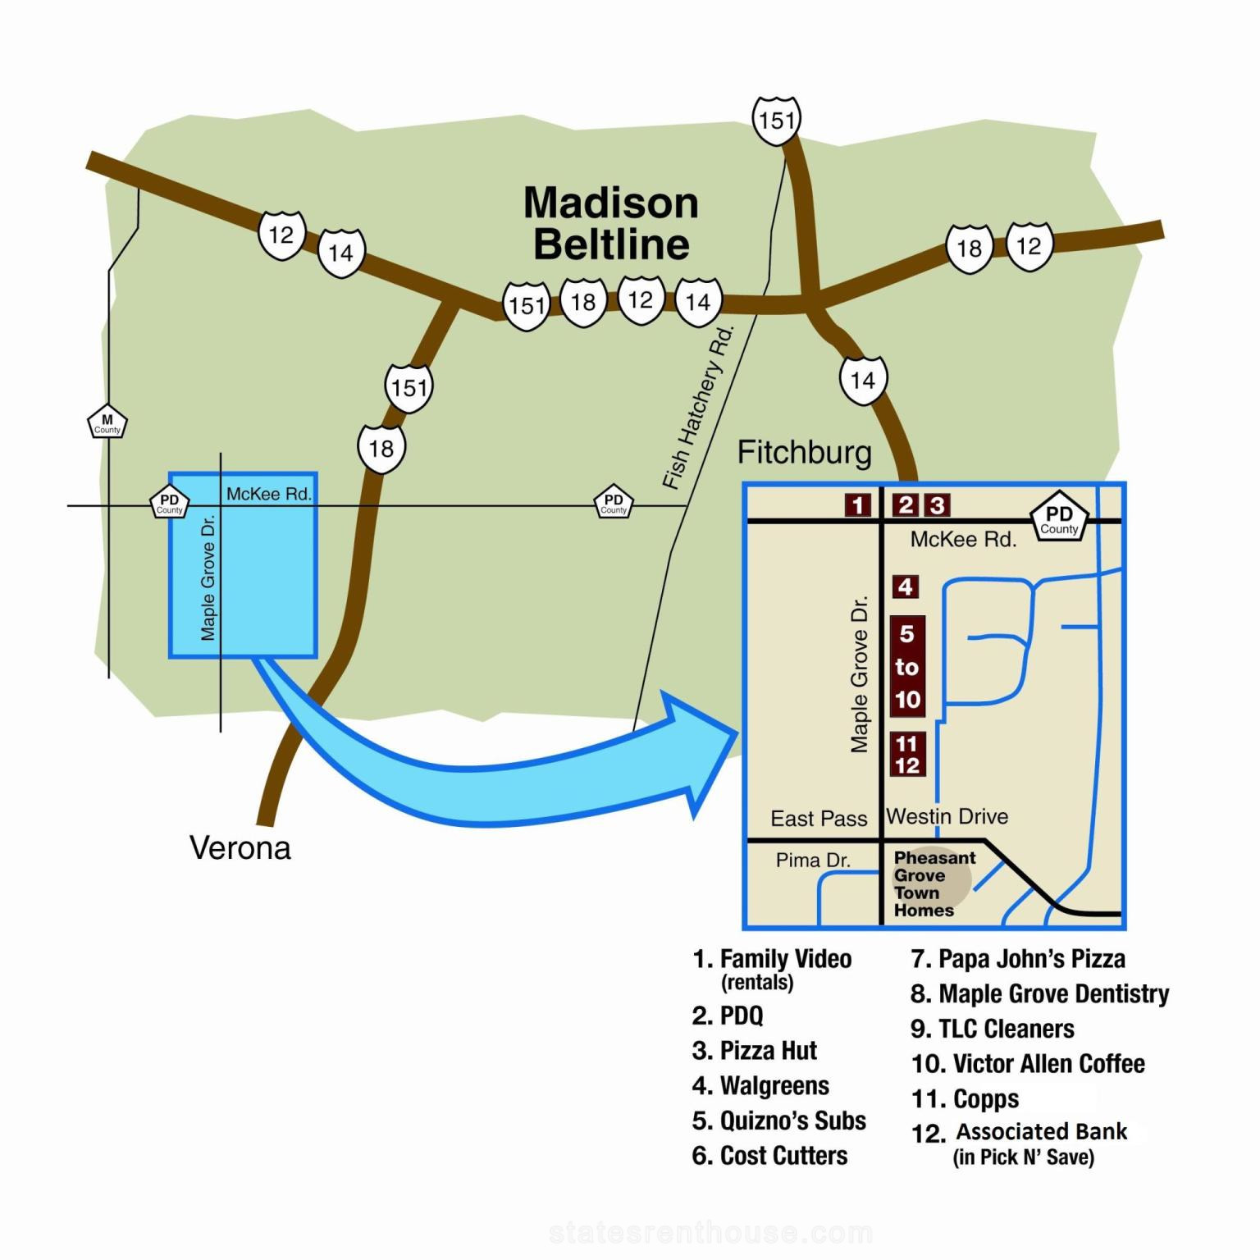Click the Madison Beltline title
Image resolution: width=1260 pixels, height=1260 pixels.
[611, 223]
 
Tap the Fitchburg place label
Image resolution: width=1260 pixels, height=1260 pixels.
[804, 452]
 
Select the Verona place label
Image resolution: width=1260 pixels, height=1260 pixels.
[240, 847]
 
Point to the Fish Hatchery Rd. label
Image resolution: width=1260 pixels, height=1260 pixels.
[697, 408]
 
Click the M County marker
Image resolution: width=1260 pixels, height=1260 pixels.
[107, 422]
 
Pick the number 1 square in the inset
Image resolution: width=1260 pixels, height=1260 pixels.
[858, 505]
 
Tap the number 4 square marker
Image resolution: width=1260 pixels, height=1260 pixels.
[905, 587]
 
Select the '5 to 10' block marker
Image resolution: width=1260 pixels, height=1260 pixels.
[907, 666]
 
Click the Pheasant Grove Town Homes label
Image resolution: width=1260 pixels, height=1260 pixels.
[934, 883]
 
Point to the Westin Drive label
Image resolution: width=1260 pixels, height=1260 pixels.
[947, 816]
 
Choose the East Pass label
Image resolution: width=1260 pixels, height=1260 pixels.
[819, 818]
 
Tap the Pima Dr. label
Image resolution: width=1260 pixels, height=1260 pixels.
[813, 860]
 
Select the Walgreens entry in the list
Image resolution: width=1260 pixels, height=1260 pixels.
[760, 1085]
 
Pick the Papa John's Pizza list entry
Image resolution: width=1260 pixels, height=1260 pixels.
[1018, 958]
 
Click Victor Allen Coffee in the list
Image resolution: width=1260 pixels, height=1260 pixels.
[1028, 1063]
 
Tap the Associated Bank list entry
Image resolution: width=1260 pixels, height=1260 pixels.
[1020, 1143]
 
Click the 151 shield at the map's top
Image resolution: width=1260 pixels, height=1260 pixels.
[776, 120]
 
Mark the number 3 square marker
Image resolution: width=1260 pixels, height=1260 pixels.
[937, 504]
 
